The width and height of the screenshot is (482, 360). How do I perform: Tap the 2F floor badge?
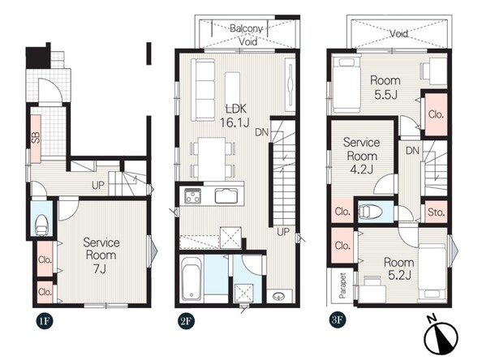click(186, 321)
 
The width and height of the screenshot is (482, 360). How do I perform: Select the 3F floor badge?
click(337, 319)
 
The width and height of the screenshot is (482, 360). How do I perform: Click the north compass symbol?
click(441, 335)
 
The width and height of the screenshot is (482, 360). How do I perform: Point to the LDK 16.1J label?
click(235, 116)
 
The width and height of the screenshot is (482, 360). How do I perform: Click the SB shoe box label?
click(36, 138)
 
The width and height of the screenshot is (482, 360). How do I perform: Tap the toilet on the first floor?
click(41, 225)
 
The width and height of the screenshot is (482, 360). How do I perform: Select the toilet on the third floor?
click(370, 212)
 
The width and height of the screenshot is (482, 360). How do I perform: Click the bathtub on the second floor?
click(191, 278)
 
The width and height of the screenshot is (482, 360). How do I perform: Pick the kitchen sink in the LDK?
click(226, 196)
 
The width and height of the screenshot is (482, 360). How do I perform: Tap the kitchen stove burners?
click(193, 196)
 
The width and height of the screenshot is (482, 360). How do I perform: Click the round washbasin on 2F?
click(279, 297)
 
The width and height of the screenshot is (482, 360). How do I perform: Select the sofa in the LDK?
click(203, 90)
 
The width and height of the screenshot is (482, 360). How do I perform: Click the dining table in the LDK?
click(212, 159)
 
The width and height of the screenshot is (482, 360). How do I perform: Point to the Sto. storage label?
click(436, 212)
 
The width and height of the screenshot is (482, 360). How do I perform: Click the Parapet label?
click(342, 285)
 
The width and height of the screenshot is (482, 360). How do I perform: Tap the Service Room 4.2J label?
click(362, 156)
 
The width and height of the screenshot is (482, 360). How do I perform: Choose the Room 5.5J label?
click(385, 88)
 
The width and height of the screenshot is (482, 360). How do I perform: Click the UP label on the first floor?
click(98, 185)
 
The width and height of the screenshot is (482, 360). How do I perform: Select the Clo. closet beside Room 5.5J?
click(436, 114)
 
